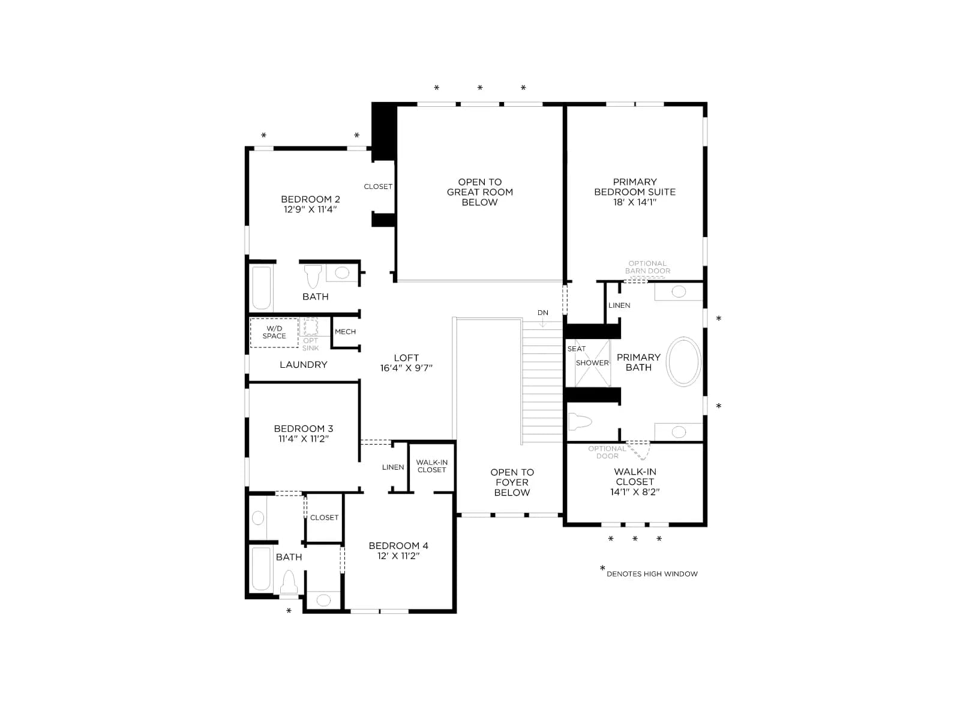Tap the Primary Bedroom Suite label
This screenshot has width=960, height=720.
pos(635,187)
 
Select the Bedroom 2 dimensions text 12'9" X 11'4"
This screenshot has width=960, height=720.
pos(310,209)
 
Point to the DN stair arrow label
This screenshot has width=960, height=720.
pos(543,313)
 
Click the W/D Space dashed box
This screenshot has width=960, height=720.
pos(274,332)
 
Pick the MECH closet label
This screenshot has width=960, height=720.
pos(345,332)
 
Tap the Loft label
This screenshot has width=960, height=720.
pos(406,358)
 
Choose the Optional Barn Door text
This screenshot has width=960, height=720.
pos(647,267)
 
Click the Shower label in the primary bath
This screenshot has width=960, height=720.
pos(592,363)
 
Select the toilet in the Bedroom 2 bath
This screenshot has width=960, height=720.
pos(313,275)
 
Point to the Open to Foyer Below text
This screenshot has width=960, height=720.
pos(512,482)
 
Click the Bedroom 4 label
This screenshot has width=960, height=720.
pos(398,545)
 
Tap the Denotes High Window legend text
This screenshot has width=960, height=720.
pos(652,574)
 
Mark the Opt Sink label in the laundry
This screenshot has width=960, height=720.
pos(311,344)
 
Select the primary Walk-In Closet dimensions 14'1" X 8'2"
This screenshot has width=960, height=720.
pos(635,492)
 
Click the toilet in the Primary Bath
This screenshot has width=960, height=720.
pos(580,422)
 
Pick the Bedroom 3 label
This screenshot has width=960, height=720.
pos(304,428)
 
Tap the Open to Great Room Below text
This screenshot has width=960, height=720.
pos(480,192)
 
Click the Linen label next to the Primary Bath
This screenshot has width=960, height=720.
pos(619,305)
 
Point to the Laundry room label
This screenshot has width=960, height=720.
pos(304,365)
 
